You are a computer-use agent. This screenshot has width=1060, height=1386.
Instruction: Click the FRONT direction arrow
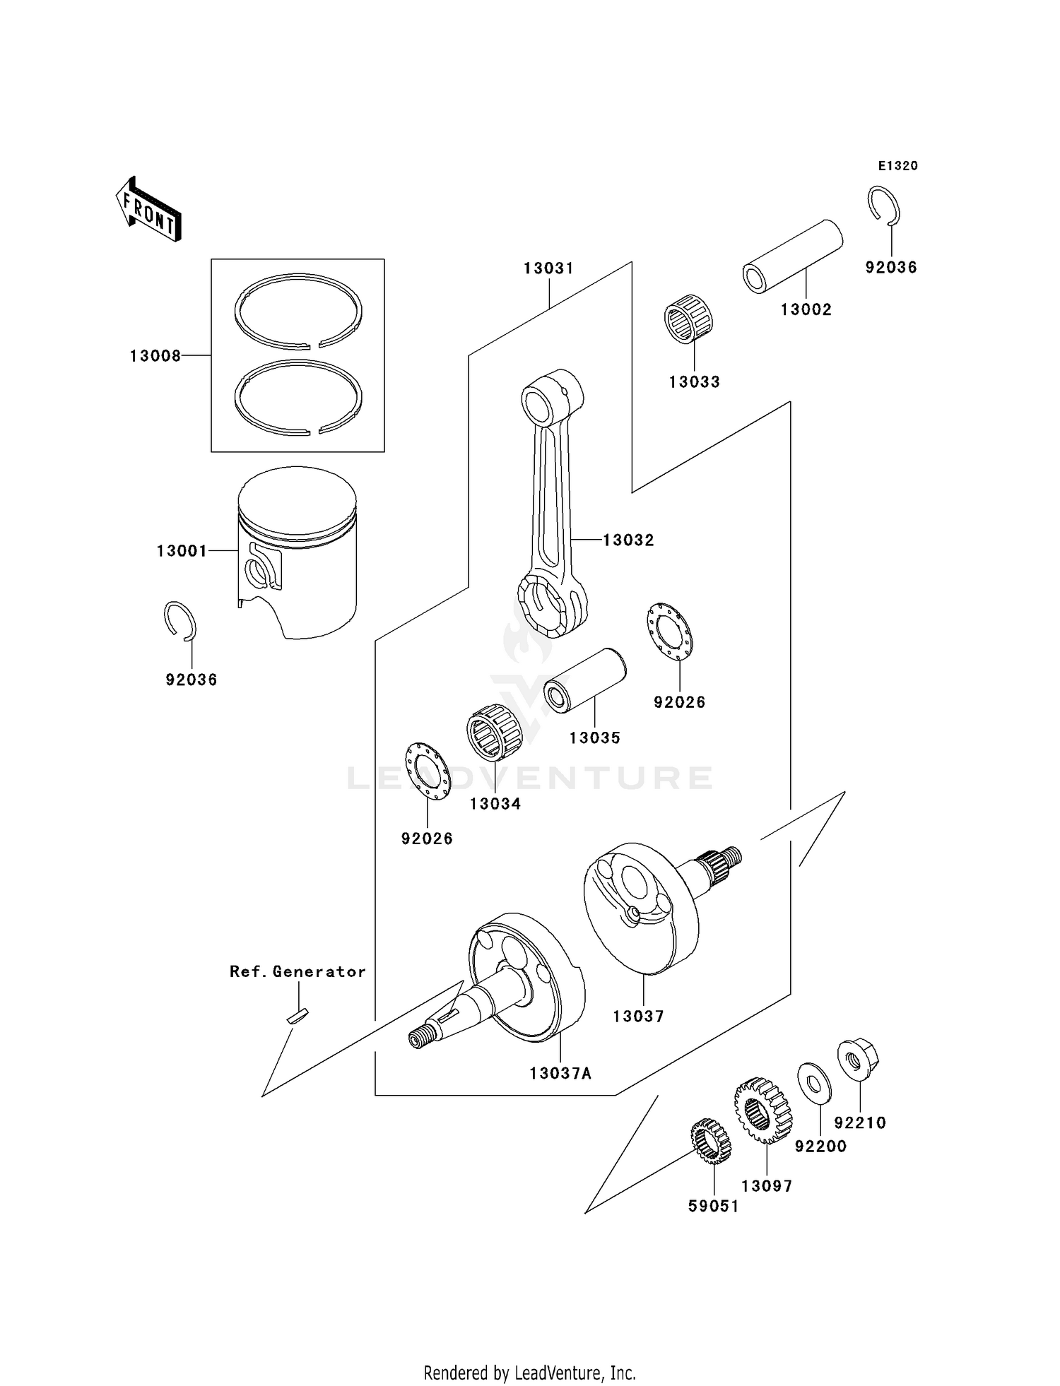tap(149, 210)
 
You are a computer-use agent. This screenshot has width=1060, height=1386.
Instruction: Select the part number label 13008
tap(155, 356)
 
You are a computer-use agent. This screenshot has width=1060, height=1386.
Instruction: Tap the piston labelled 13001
tap(298, 551)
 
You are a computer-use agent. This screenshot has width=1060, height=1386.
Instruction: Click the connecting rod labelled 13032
tap(553, 502)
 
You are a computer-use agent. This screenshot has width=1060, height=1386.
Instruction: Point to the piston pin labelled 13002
tap(792, 256)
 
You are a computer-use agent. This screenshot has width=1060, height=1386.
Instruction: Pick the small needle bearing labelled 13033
tap(688, 324)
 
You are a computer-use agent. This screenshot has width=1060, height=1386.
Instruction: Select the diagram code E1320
tap(897, 166)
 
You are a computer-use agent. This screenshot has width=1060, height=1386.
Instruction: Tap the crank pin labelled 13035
tap(585, 680)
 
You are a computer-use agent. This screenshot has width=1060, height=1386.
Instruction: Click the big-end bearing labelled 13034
tap(494, 733)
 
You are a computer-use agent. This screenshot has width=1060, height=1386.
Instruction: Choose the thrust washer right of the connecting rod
tap(669, 632)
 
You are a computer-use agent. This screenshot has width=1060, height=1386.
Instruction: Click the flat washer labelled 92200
tap(814, 1083)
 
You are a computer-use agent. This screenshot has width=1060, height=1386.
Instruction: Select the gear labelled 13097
tap(763, 1110)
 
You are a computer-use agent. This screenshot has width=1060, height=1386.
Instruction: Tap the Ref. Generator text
tap(298, 972)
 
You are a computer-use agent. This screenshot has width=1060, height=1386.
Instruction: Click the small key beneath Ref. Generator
tap(297, 1015)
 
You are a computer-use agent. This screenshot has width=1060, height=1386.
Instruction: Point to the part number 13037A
tap(560, 1074)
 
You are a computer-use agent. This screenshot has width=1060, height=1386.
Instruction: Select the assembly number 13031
tap(548, 268)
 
